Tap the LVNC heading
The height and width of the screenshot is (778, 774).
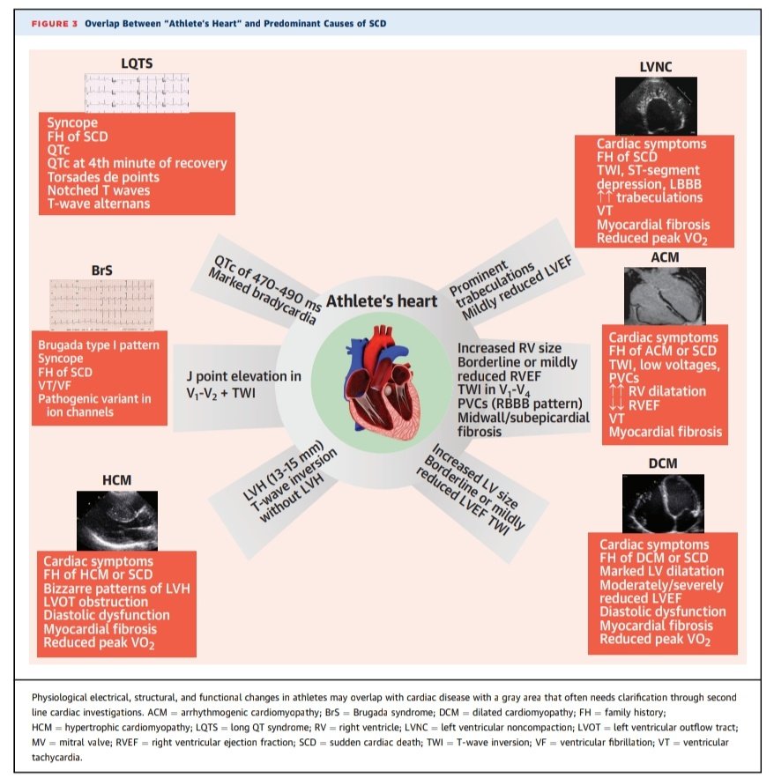pyautogui.click(x=656, y=66)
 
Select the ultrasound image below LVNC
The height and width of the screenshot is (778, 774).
pyautogui.click(x=655, y=103)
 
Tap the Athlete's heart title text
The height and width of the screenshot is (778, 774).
pyautogui.click(x=382, y=301)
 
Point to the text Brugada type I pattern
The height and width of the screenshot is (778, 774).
pyautogui.click(x=98, y=345)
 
